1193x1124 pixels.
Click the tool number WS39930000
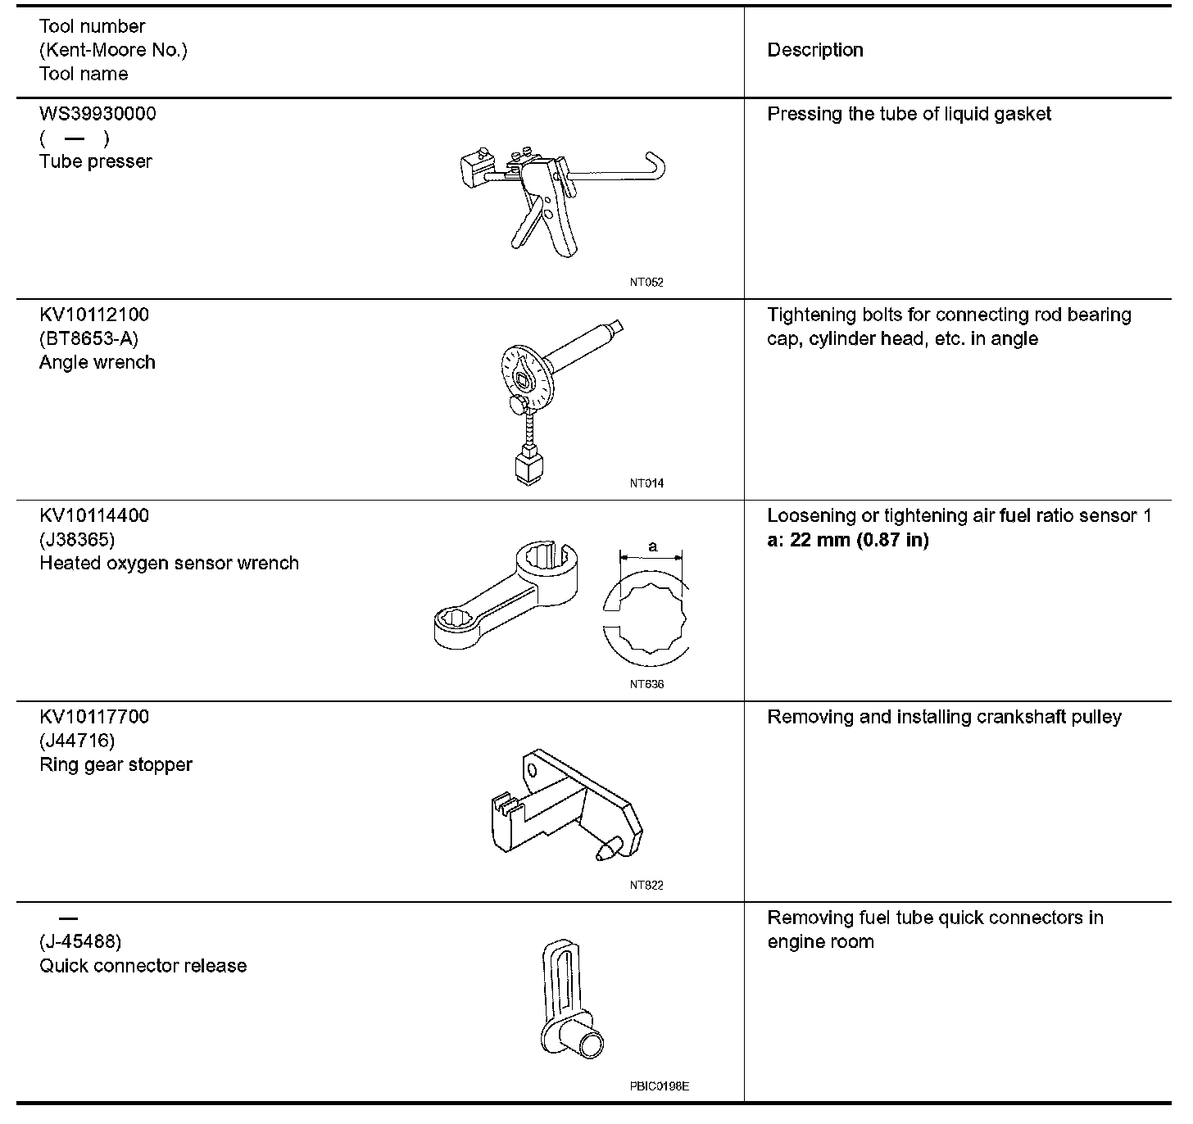[98, 114]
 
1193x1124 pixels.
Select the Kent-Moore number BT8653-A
[88, 338]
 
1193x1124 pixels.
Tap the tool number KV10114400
[94, 516]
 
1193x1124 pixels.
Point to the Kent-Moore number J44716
[77, 741]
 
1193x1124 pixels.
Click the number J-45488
[80, 941]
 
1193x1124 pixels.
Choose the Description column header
[814, 50]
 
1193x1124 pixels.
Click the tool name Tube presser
[96, 161]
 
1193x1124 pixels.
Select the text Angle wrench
[98, 362]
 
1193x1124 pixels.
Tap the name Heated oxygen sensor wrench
[169, 564]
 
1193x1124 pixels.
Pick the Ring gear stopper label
[116, 764]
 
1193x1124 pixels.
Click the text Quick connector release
[143, 966]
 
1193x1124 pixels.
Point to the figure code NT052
[646, 283]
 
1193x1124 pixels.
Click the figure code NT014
[646, 483]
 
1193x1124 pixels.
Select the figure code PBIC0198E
[660, 1086]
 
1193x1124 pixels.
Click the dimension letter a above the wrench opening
[653, 546]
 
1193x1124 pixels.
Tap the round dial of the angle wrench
[524, 376]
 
